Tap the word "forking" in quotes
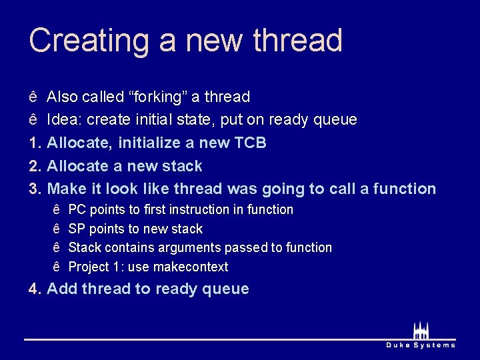(x=157, y=97)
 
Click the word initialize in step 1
(x=139, y=143)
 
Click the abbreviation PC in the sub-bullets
(x=77, y=209)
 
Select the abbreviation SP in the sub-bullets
(x=77, y=229)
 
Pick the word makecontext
(x=191, y=267)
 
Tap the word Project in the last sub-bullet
(x=89, y=267)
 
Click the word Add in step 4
(x=62, y=289)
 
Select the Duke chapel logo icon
(x=421, y=330)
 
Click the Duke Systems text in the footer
(x=421, y=345)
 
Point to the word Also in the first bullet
(x=62, y=97)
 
